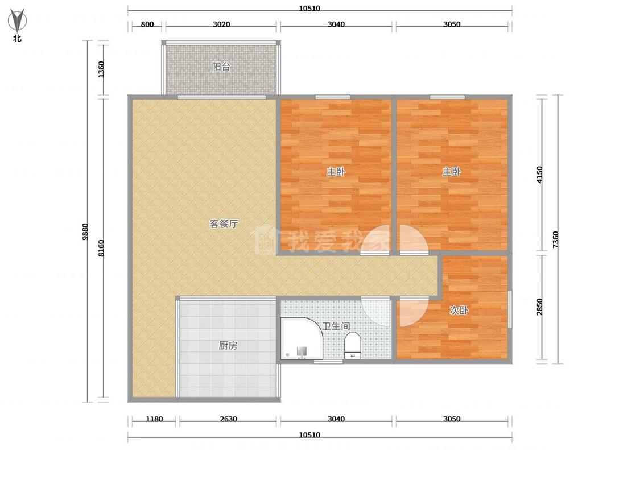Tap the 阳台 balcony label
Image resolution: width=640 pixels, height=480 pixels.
pos(221,67)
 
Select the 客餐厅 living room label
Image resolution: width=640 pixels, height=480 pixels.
pos(224,224)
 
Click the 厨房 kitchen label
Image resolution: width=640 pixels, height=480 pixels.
pos(228,346)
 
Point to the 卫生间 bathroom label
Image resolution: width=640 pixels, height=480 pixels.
pos(336,326)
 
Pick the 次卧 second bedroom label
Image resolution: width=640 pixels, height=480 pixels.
pos(459,310)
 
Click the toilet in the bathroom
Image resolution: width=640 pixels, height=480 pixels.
pos(353,346)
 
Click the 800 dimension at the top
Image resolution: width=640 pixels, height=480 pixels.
pos(147,24)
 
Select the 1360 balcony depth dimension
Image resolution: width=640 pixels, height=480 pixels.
pos(101,69)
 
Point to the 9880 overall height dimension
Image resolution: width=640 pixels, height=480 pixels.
pos(85,231)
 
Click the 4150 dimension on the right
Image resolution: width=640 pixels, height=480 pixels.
pos(540,175)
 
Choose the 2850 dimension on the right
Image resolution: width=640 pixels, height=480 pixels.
pos(540,307)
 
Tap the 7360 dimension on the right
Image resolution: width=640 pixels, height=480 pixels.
pos(555,239)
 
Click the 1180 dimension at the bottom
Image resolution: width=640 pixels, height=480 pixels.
pos(154,419)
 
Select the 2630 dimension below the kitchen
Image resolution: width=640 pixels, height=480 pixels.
pos(228,419)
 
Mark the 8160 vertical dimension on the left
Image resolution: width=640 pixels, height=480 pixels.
pos(101,248)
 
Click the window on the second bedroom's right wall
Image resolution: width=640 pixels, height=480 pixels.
pos(510,309)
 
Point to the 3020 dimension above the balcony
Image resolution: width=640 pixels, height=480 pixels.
pos(221,24)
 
